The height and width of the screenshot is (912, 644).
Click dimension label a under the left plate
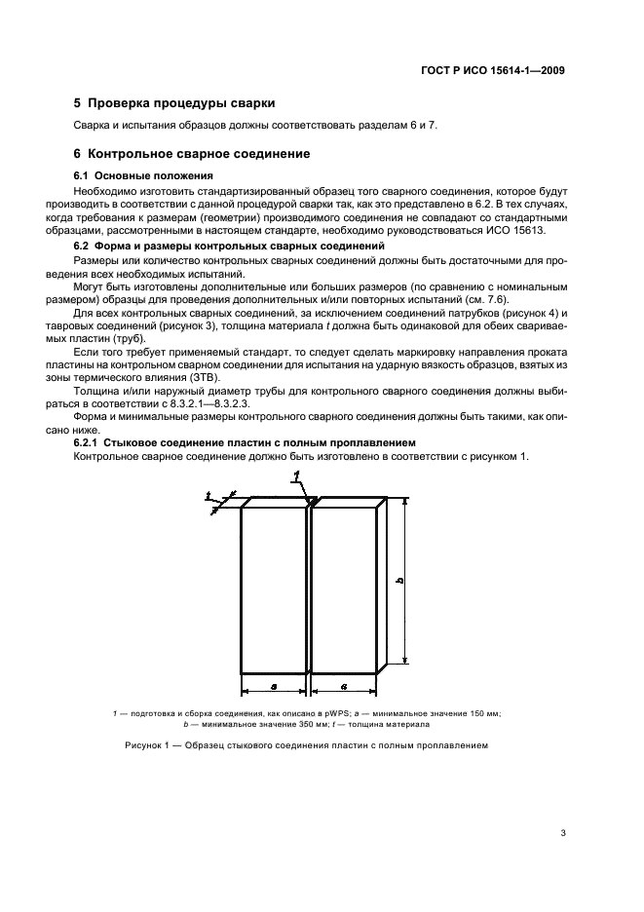pos(274,688)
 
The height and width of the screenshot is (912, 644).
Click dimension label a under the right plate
pos(343,688)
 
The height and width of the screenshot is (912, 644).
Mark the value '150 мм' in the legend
pos(482,715)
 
